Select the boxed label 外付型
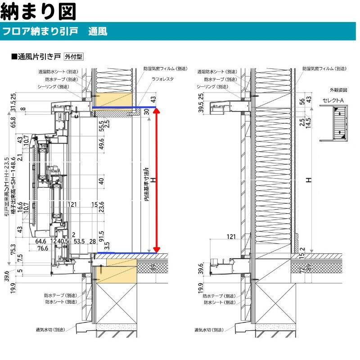pyautogui.click(x=73, y=57)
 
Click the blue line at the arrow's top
pyautogui.click(x=124, y=108)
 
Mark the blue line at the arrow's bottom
pyautogui.click(x=124, y=253)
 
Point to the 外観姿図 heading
pyautogui.click(x=336, y=90)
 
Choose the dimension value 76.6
pyautogui.click(x=43, y=248)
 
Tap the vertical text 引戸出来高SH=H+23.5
pyautogui.click(x=7, y=187)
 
